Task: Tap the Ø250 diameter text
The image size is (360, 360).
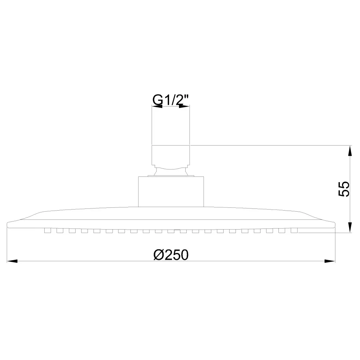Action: pos(171,255)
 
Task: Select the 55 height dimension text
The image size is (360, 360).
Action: pos(344,189)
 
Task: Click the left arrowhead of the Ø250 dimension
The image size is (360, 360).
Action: pos(12,261)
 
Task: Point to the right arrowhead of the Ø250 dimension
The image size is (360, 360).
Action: pos(330,261)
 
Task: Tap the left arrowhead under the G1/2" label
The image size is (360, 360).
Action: pos(157,106)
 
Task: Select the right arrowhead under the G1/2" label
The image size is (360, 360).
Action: pos(184,106)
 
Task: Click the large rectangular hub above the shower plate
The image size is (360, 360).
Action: pos(171,192)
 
